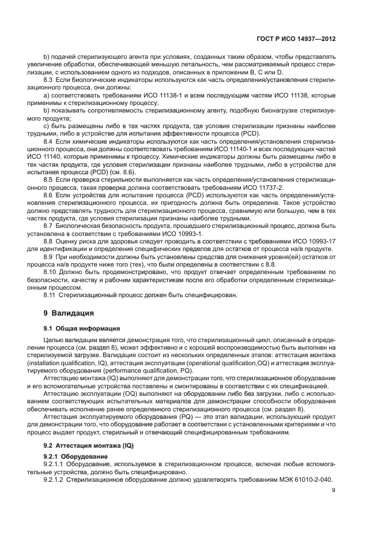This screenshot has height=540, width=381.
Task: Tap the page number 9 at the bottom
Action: point(334,492)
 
